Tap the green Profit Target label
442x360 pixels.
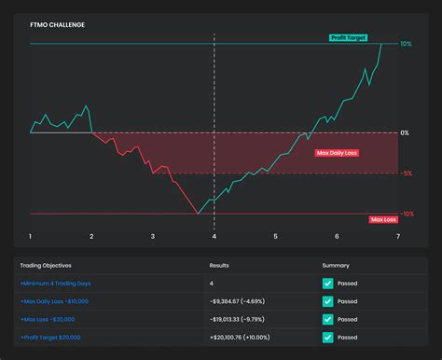pos(349,38)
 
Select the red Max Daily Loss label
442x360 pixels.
pos(337,152)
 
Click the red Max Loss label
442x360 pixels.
pos(383,219)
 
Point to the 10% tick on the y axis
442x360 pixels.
pos(406,44)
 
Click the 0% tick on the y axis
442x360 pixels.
pos(405,132)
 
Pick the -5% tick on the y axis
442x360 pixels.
pos(407,173)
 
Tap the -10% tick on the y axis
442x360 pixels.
pos(407,214)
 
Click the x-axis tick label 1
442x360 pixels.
pos(31,237)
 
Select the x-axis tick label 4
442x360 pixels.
pos(214,237)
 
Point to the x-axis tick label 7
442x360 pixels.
pos(398,237)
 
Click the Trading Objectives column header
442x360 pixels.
pos(45,265)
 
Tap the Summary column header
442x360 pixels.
pos(337,265)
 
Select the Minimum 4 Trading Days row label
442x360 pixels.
pos(56,284)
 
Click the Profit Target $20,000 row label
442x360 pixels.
pos(53,337)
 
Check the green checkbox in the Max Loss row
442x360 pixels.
pos(327,319)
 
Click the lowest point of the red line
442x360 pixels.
pos(197,214)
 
